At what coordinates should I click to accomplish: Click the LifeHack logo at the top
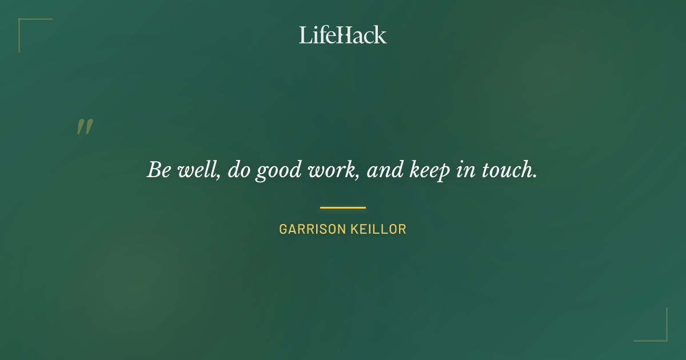[x=342, y=35]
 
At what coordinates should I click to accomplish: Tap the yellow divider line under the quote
[x=343, y=207]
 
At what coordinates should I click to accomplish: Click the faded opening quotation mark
[x=85, y=127]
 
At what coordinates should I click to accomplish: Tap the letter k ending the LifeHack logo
[x=381, y=35]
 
